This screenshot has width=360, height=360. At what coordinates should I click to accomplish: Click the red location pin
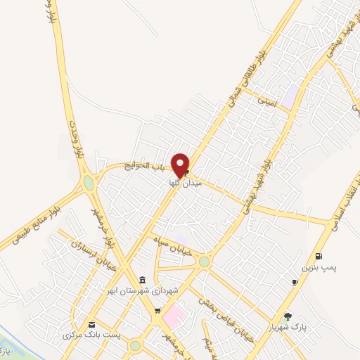click(180, 164)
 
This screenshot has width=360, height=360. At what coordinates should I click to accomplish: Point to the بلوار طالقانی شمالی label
click(242, 80)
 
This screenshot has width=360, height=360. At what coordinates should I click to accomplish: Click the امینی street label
click(268, 103)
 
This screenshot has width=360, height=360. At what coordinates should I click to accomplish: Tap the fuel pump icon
click(320, 256)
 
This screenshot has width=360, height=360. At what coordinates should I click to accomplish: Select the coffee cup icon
click(295, 282)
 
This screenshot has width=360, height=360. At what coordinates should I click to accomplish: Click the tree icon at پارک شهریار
click(288, 316)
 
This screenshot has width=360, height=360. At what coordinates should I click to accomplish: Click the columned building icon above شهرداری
click(143, 279)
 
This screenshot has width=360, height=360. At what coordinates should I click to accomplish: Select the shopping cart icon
click(157, 309)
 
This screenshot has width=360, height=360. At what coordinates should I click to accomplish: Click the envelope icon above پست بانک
click(92, 323)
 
